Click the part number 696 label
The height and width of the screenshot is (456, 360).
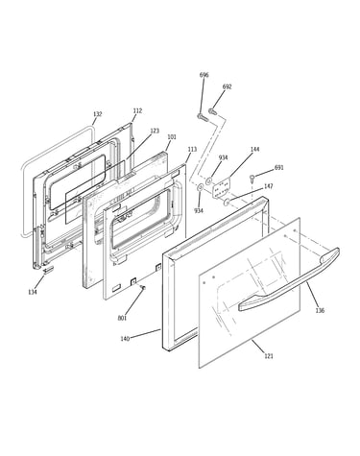[x=204, y=75]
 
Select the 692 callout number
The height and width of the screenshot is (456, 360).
[x=227, y=86]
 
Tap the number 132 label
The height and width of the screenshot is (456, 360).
[x=98, y=114]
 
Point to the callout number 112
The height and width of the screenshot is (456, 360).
[x=137, y=110]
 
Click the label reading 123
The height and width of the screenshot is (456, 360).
[x=155, y=131]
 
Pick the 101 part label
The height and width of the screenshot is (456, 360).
[x=172, y=137]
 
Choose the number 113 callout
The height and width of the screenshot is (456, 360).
[x=192, y=149]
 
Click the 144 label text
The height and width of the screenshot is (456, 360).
[x=255, y=149]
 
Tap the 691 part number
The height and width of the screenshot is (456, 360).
[x=279, y=167]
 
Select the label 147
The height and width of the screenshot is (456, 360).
[x=269, y=186]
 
